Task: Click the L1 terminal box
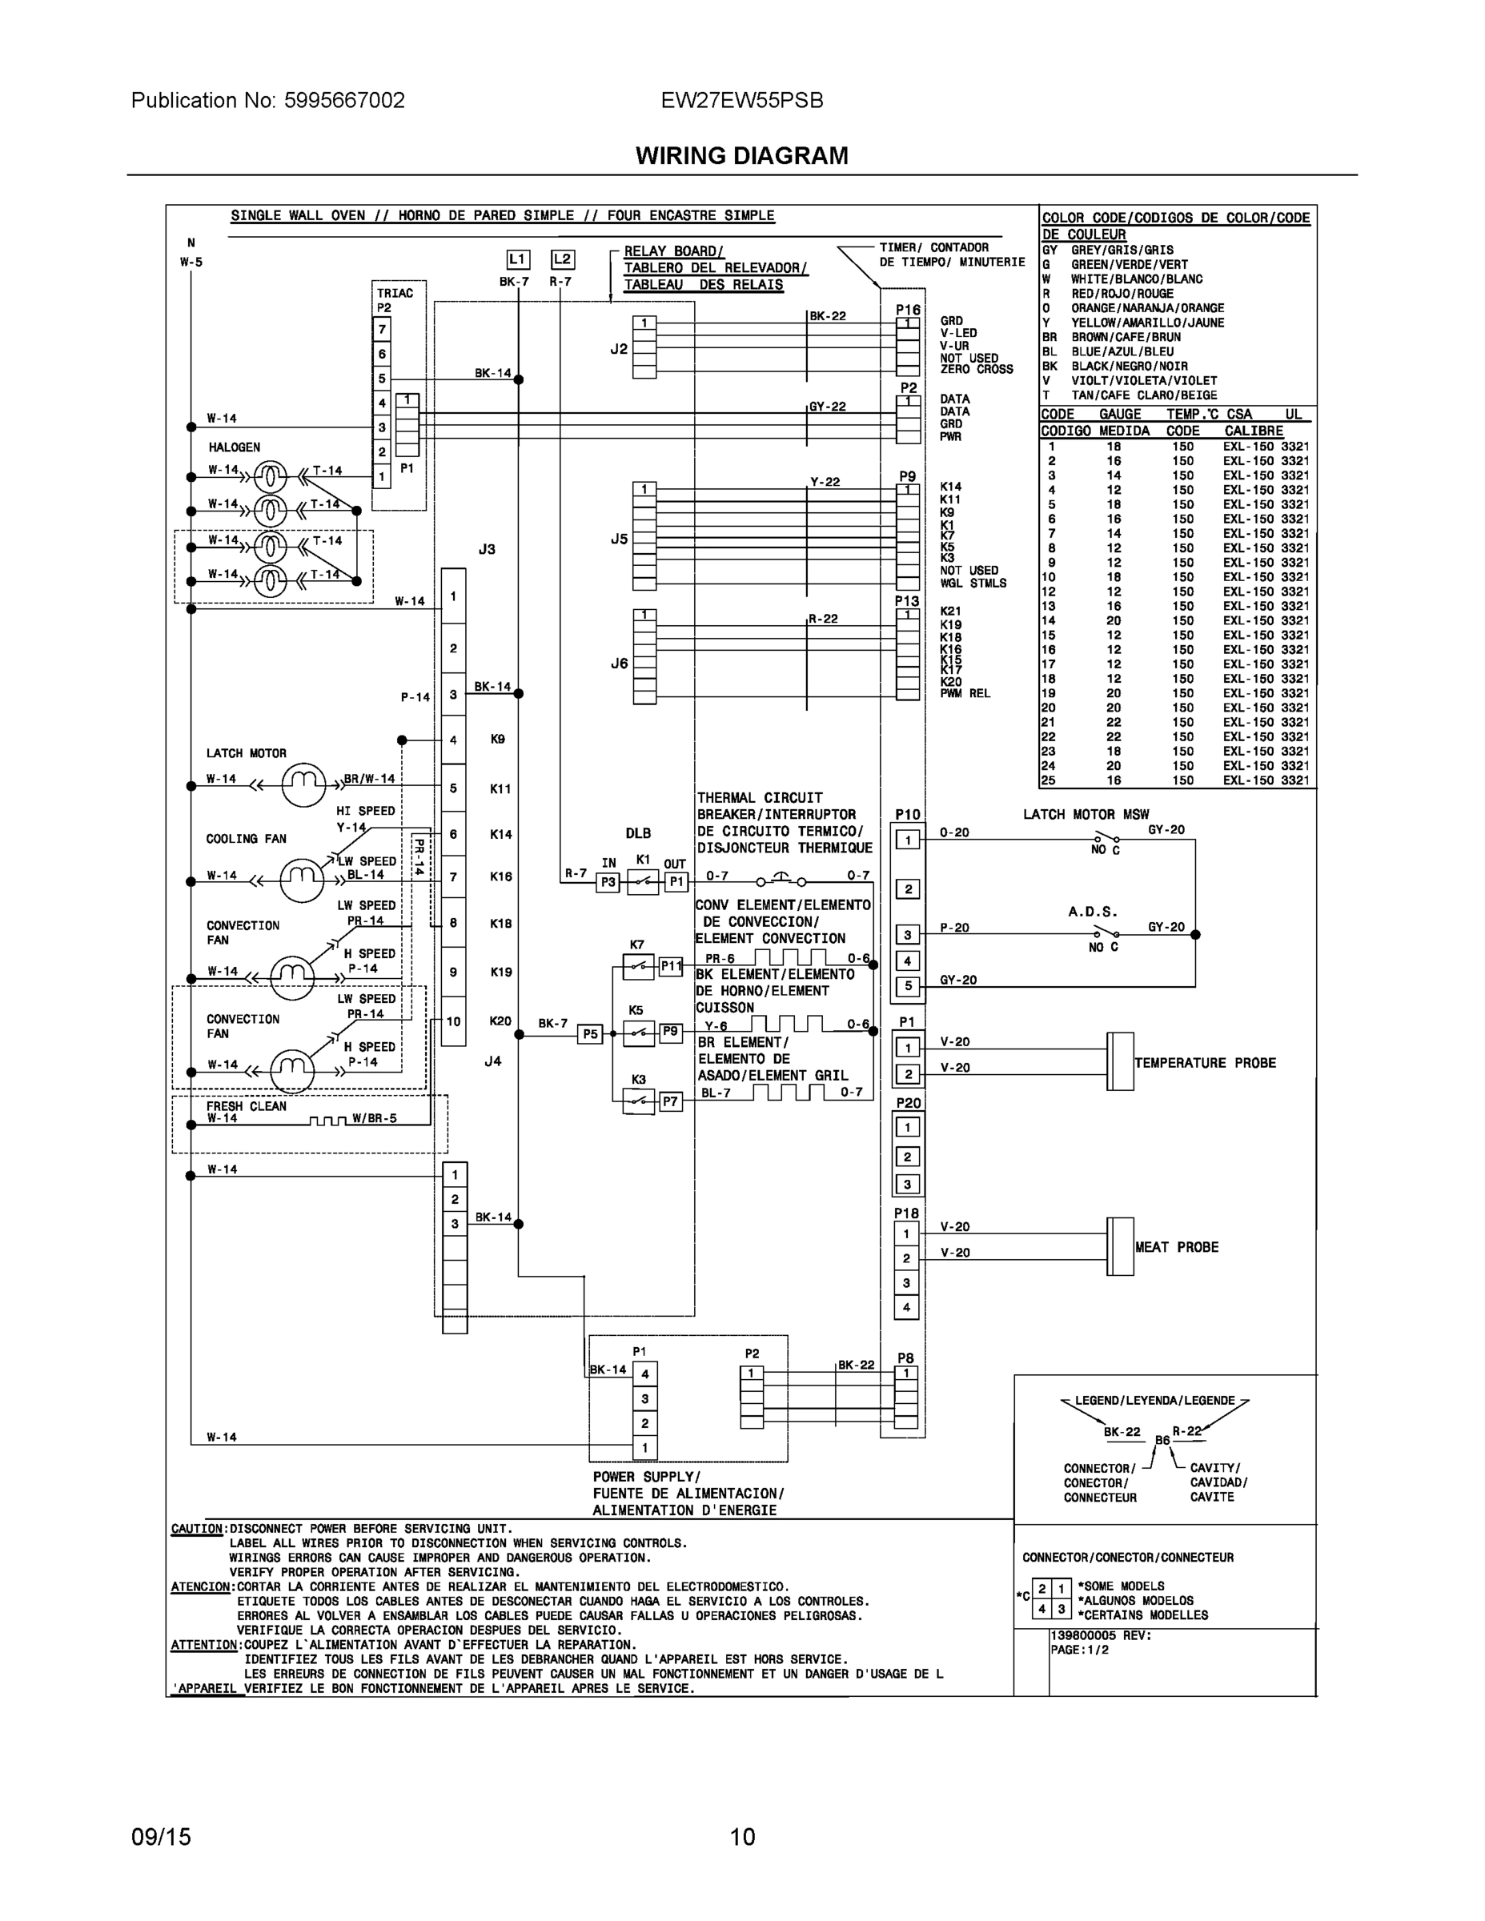[518, 259]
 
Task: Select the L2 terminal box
[562, 259]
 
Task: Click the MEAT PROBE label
[1176, 1247]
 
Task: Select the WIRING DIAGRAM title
[741, 156]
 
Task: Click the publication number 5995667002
[344, 100]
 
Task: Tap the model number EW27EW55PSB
[741, 100]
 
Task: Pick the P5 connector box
[589, 1034]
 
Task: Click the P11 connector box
[671, 966]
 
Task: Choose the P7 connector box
[670, 1101]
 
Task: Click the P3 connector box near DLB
[608, 882]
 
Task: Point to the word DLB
[638, 833]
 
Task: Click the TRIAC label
[395, 293]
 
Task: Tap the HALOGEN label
[234, 447]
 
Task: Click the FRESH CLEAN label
[247, 1105]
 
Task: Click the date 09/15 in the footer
[161, 1837]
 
